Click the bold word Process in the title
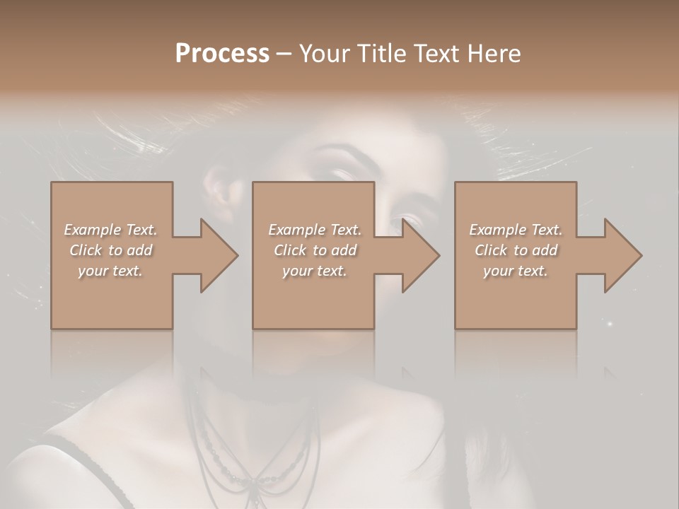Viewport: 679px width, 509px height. (x=222, y=54)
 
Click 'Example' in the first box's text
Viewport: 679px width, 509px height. (x=91, y=230)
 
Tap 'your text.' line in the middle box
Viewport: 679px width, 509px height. (x=315, y=271)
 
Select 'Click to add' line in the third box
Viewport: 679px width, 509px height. (x=516, y=250)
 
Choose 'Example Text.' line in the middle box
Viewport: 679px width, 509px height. (x=315, y=230)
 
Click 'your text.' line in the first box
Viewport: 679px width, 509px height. (x=110, y=271)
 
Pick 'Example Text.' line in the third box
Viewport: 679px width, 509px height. (x=516, y=230)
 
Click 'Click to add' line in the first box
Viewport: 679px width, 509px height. (x=111, y=250)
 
